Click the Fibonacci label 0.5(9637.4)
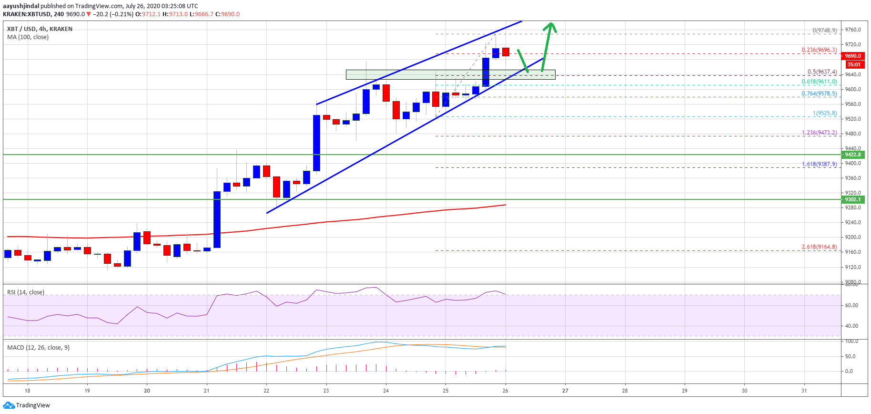(822, 72)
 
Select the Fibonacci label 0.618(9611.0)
(819, 82)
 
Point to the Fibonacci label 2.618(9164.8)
(819, 247)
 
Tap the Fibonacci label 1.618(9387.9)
(819, 165)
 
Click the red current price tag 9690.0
(853, 56)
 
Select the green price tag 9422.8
(853, 155)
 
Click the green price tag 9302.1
(853, 199)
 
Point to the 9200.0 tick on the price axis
(853, 237)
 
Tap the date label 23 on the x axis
(326, 391)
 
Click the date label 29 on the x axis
(684, 391)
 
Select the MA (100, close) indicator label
(28, 37)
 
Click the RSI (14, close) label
(26, 292)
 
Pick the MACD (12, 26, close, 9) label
(38, 348)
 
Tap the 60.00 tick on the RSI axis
(851, 305)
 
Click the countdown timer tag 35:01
(854, 64)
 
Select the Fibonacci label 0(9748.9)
(824, 31)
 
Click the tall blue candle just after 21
(217, 219)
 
